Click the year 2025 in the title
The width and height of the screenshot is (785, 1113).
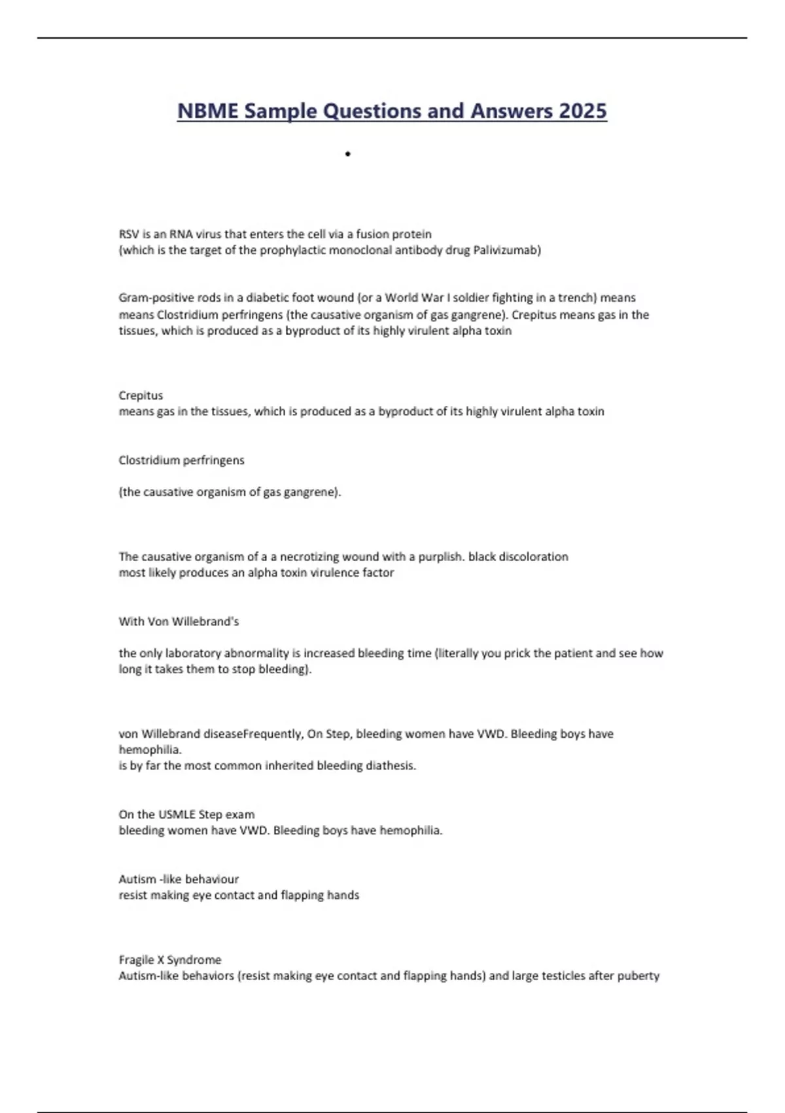(x=582, y=111)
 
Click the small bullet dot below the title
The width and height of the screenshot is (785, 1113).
(x=348, y=155)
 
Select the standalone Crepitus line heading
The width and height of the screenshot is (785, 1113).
(x=141, y=395)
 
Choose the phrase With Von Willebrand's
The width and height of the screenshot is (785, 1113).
(x=179, y=621)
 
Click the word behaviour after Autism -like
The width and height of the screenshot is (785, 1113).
(x=211, y=879)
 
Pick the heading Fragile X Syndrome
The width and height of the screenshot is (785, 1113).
(x=170, y=960)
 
